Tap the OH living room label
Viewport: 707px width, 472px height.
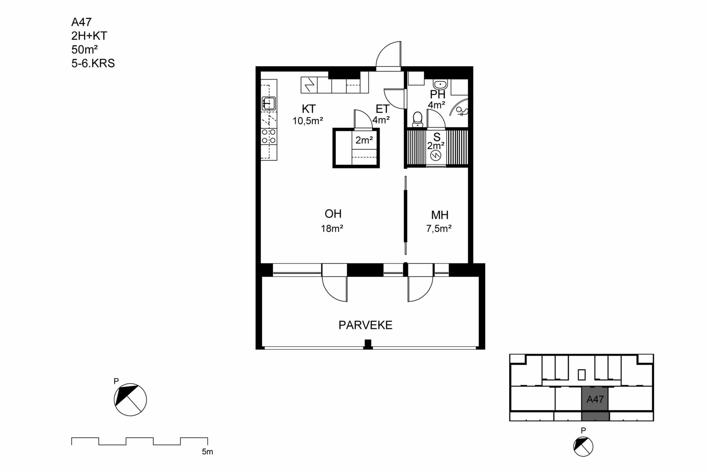tap(333, 214)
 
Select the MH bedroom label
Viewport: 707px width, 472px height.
tap(440, 215)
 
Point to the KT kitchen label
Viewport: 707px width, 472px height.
tap(309, 109)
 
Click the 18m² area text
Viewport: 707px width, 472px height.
tap(332, 228)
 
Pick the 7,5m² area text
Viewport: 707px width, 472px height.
tap(439, 228)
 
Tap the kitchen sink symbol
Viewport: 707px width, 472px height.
tap(269, 103)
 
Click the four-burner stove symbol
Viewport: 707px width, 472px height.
tap(269, 136)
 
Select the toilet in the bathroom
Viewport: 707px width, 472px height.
tap(418, 119)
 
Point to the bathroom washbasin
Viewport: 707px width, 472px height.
tap(440, 84)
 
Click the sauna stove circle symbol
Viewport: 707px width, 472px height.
tap(436, 156)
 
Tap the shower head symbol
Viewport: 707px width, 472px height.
tap(462, 111)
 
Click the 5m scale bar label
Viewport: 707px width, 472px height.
tap(207, 452)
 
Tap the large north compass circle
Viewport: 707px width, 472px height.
tap(130, 400)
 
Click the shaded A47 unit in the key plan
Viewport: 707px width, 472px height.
tap(595, 403)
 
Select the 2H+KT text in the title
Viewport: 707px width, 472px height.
tap(89, 36)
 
